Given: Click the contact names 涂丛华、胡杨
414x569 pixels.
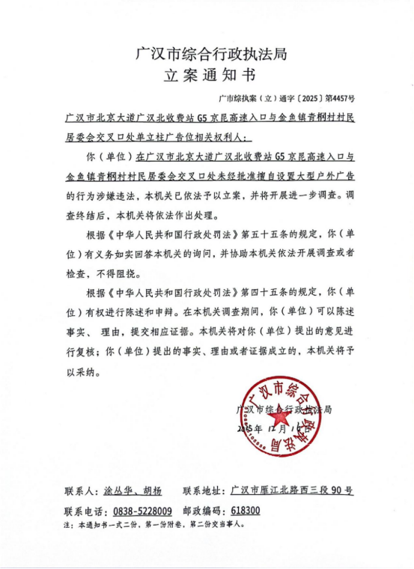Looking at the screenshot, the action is (x=131, y=491).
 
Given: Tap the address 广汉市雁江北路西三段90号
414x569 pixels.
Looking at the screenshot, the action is (x=292, y=491).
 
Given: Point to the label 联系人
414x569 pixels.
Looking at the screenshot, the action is (x=80, y=491).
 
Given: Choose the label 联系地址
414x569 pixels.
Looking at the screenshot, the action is (x=203, y=491).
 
